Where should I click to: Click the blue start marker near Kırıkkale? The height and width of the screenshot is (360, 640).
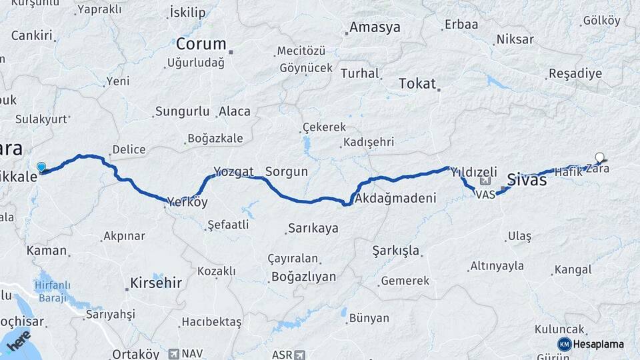[x=41, y=167]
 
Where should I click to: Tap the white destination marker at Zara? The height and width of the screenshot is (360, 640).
[x=599, y=159]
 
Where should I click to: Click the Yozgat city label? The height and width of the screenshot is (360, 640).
[x=233, y=171]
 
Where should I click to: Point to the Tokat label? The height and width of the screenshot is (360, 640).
[x=417, y=84]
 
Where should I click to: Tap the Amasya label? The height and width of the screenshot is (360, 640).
[x=375, y=28]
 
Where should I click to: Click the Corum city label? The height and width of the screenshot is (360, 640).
[x=201, y=44]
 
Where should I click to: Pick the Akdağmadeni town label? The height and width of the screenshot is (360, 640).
[x=396, y=198]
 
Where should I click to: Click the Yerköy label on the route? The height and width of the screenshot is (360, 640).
[x=187, y=202]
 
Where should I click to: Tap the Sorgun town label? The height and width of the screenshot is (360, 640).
[x=287, y=171]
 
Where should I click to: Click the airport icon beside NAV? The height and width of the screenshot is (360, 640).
[x=175, y=354]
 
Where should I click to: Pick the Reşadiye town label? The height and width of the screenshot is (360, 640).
[x=575, y=74]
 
